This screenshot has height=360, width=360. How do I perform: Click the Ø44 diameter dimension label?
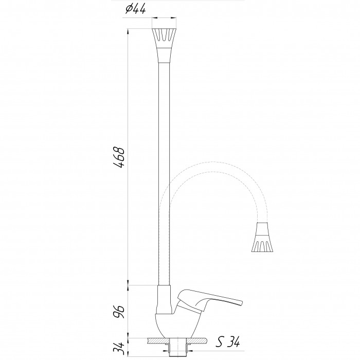(x=135, y=9)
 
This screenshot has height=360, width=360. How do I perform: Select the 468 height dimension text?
(x=119, y=157)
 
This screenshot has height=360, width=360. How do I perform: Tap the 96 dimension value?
(x=119, y=312)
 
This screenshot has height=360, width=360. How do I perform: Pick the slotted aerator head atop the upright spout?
(x=164, y=45)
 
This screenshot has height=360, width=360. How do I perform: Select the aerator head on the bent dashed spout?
(x=262, y=237)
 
